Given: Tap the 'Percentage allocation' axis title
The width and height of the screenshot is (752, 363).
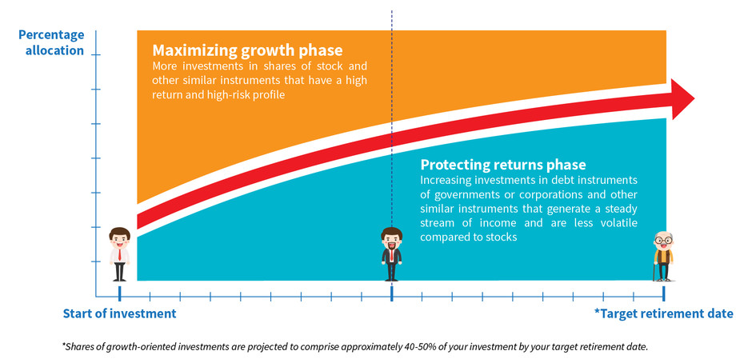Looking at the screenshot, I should coord(51,42).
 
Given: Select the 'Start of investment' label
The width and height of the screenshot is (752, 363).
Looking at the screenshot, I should coord(119,313).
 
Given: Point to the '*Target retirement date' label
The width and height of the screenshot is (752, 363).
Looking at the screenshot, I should coord(663,313).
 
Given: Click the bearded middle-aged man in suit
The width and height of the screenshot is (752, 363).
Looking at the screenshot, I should coord(391,253).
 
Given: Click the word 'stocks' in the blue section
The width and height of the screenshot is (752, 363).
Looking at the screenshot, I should coord(500,237).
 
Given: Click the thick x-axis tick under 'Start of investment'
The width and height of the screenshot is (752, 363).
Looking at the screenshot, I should coord(119,293).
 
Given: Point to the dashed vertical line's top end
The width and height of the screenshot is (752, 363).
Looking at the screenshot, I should coord(391,12).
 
